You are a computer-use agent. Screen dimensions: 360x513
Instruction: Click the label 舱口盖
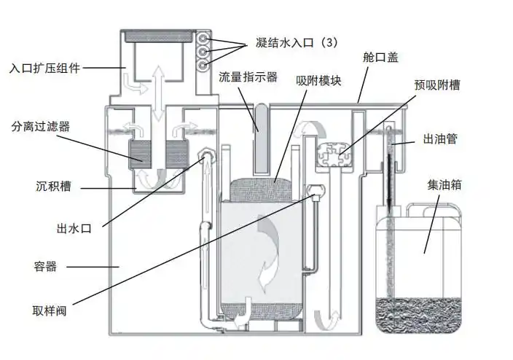click(380, 58)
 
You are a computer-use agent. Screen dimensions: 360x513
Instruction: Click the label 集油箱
click(445, 185)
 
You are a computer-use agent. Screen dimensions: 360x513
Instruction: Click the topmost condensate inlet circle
click(203, 39)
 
